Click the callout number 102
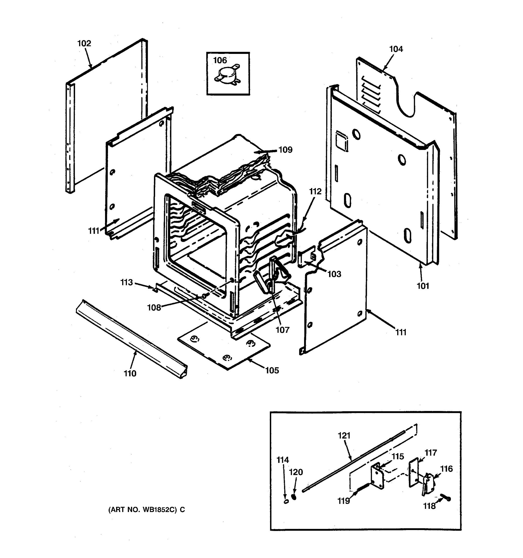[x=84, y=43]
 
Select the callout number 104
[x=396, y=49]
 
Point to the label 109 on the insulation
[x=285, y=150]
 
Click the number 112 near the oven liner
[x=315, y=192]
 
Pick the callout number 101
[x=423, y=286]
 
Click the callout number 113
[x=126, y=282]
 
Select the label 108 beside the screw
[x=154, y=308]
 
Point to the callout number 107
[x=282, y=330]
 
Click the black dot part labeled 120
[x=294, y=497]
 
